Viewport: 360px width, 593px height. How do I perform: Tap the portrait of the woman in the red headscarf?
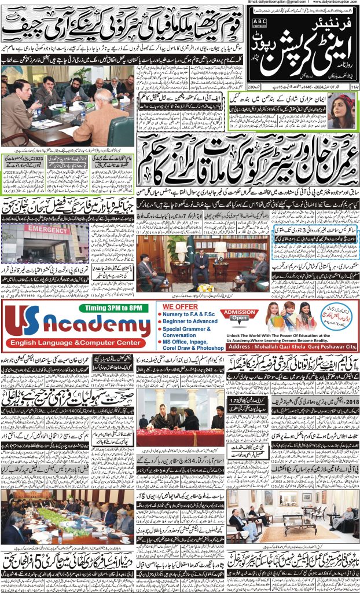point(342,110)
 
